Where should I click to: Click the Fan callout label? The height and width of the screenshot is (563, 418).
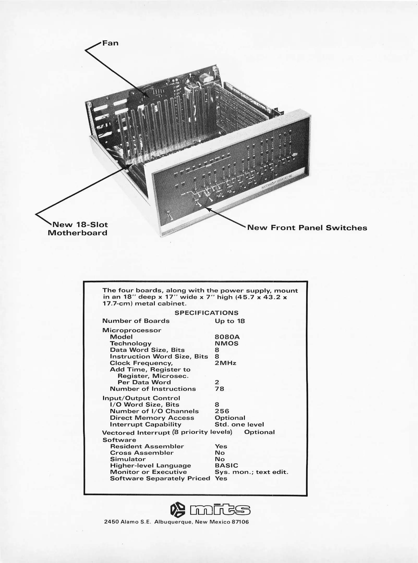(110, 43)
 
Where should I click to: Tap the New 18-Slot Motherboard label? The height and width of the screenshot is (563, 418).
(78, 229)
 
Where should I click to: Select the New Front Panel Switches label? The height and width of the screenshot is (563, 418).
(307, 228)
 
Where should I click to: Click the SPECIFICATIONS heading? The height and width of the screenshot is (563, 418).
(207, 313)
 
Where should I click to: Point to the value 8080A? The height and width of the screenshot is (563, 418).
(227, 337)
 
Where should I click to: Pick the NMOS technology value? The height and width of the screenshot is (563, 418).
(227, 344)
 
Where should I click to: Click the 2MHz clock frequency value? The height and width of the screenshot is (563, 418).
(226, 363)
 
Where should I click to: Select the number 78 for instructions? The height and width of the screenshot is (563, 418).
(219, 389)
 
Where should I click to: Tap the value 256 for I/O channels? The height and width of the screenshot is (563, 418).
(222, 411)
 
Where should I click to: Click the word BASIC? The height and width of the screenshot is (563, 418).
(226, 466)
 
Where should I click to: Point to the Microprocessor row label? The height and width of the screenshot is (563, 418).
(132, 330)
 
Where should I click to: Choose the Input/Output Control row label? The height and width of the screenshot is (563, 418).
(141, 398)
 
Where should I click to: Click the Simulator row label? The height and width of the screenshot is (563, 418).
(128, 459)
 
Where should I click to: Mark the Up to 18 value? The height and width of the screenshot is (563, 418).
(230, 321)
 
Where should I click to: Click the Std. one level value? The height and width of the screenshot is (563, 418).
(239, 425)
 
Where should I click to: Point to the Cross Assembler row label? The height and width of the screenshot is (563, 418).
(142, 453)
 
